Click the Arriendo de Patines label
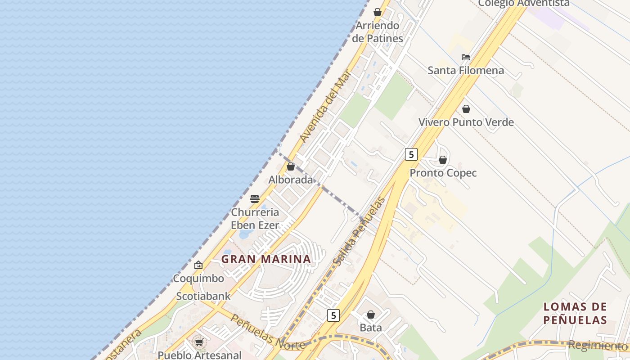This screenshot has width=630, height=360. (x=378, y=32)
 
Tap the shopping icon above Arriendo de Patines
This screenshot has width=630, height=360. (x=378, y=12)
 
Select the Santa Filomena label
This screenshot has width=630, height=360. (x=466, y=71)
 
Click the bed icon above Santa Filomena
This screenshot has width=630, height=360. (x=466, y=57)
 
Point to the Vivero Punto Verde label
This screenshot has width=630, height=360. (x=466, y=122)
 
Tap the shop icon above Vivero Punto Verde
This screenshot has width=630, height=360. (x=466, y=109)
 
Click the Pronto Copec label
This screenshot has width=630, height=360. (x=443, y=173)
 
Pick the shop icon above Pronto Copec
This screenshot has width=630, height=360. (x=443, y=160)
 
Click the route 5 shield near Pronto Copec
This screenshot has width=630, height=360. (x=411, y=154)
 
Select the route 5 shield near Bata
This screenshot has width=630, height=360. (x=333, y=315)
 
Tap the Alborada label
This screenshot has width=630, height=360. (x=291, y=180)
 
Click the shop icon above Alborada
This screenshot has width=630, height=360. (x=291, y=166)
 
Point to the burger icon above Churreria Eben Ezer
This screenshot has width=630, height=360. (x=255, y=198)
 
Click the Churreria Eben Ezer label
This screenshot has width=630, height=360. (x=255, y=219)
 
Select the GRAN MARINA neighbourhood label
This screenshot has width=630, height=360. (x=266, y=259)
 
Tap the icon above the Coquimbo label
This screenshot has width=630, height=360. (x=198, y=265)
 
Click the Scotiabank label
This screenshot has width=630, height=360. (x=203, y=296)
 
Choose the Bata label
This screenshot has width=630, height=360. (x=371, y=328)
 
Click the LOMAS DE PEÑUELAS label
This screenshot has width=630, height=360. (x=575, y=314)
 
